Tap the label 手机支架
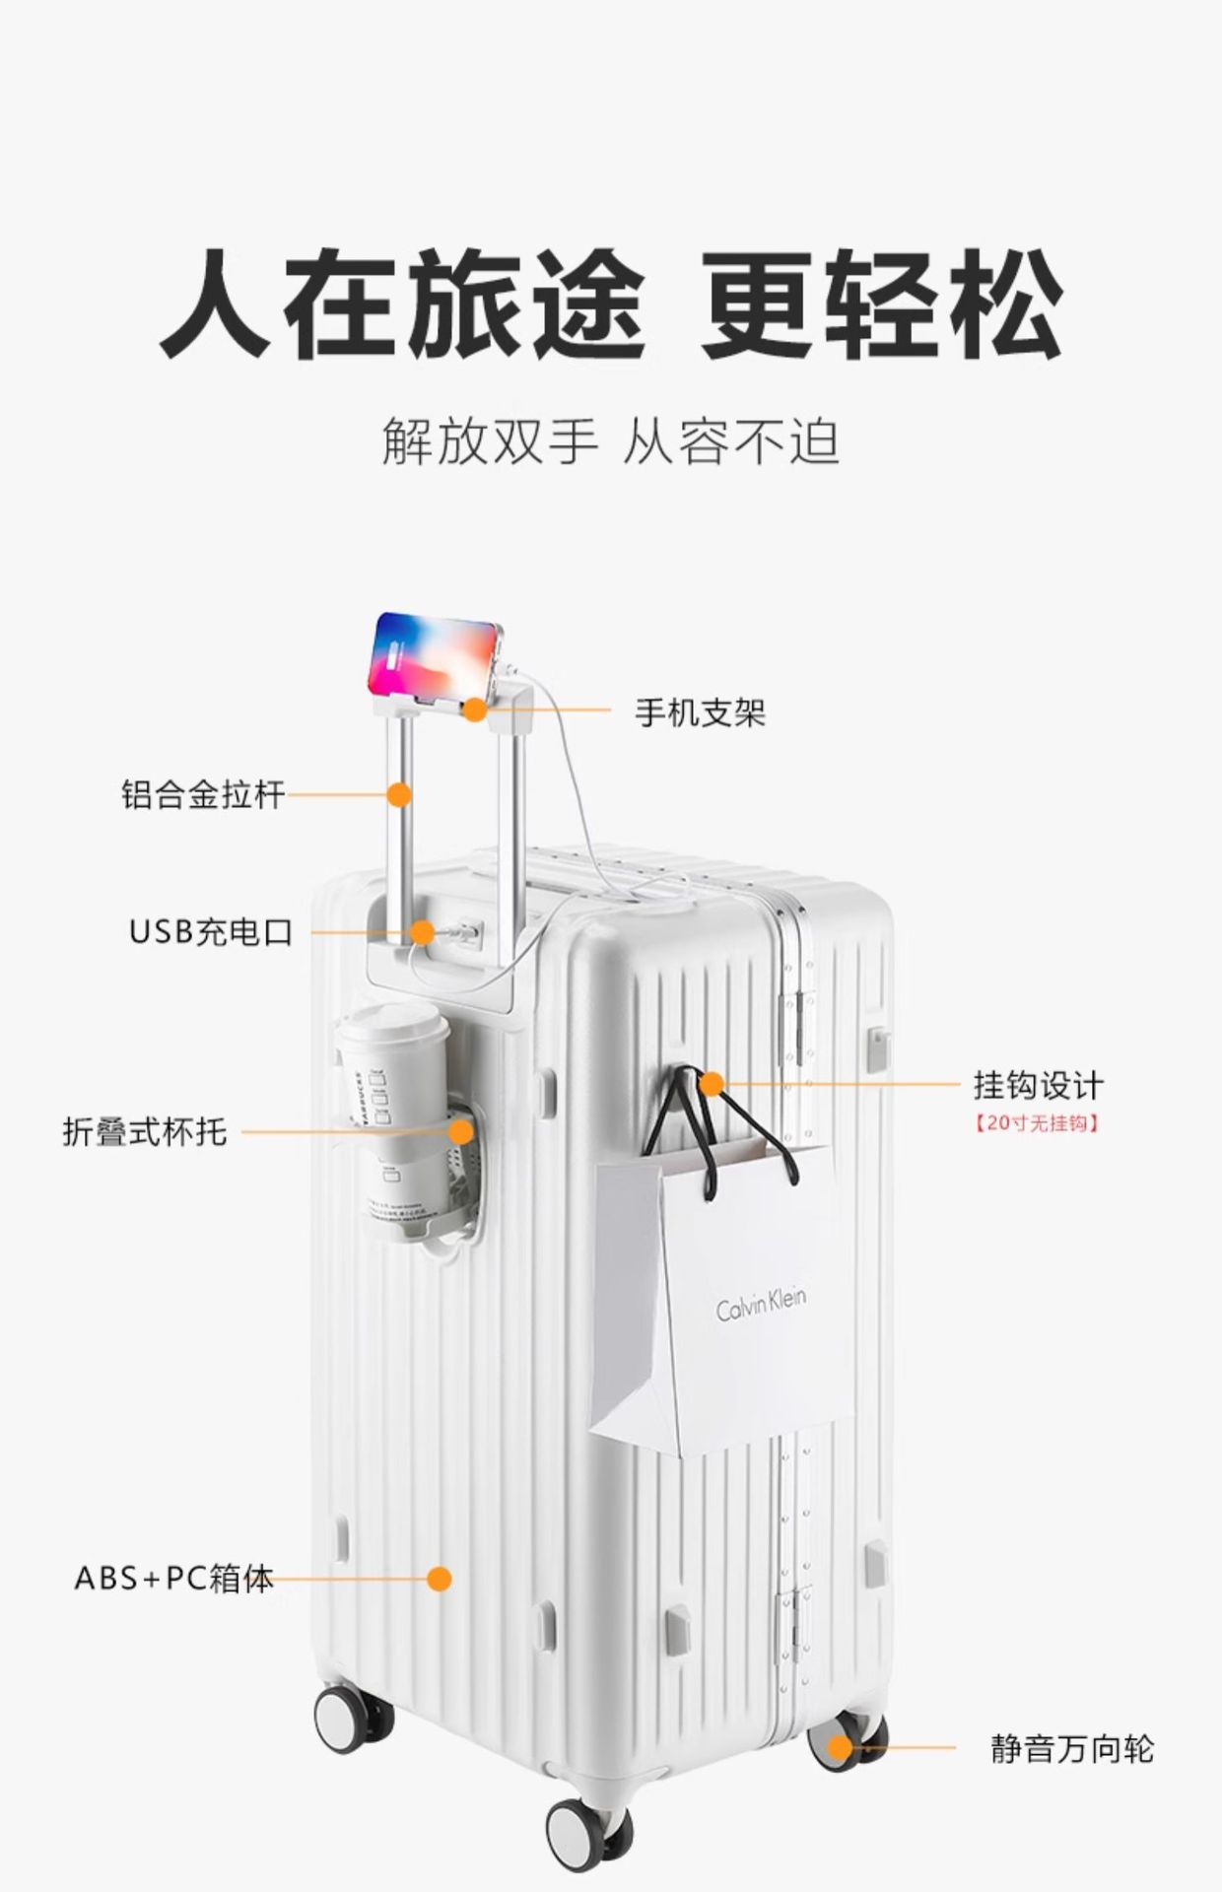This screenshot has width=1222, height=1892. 700,712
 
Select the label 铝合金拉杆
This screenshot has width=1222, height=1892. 203,794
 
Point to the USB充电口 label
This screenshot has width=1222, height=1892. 211,931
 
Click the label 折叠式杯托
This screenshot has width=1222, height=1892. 145,1132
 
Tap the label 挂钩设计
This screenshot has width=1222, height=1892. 1038,1086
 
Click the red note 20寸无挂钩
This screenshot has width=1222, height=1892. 1037,1122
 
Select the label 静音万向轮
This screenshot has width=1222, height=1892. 1071,1749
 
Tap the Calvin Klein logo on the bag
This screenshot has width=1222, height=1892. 760,1307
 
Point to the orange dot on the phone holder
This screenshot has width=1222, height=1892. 476,709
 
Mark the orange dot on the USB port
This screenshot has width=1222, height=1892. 423,931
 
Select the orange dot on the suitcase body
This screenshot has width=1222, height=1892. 440,1579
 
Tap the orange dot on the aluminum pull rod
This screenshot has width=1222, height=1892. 399,794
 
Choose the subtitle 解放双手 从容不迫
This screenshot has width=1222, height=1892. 611,441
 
